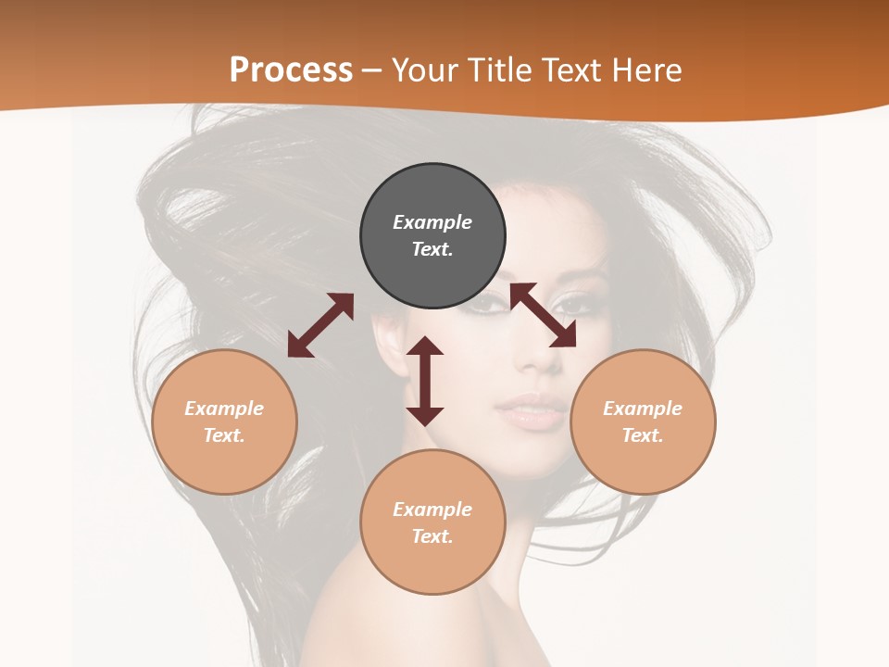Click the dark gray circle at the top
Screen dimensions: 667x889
[x=432, y=236]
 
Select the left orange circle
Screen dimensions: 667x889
[x=224, y=422]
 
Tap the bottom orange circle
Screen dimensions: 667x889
[x=432, y=522]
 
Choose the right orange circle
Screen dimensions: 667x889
[x=643, y=422]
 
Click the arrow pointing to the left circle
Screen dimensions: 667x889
[x=320, y=325]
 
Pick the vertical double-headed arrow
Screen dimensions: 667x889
[x=425, y=381]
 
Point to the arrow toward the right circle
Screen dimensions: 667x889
[x=544, y=315]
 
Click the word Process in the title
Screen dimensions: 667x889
[x=291, y=69]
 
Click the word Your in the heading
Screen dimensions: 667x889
[x=422, y=69]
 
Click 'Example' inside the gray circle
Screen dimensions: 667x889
[x=432, y=222]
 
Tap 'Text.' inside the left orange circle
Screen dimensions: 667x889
[x=224, y=435]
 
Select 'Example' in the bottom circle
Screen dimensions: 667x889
[x=432, y=509]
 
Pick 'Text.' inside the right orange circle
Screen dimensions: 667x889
[x=643, y=435]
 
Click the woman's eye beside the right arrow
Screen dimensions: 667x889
[x=574, y=303]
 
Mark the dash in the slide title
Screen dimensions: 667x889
[x=371, y=70]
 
